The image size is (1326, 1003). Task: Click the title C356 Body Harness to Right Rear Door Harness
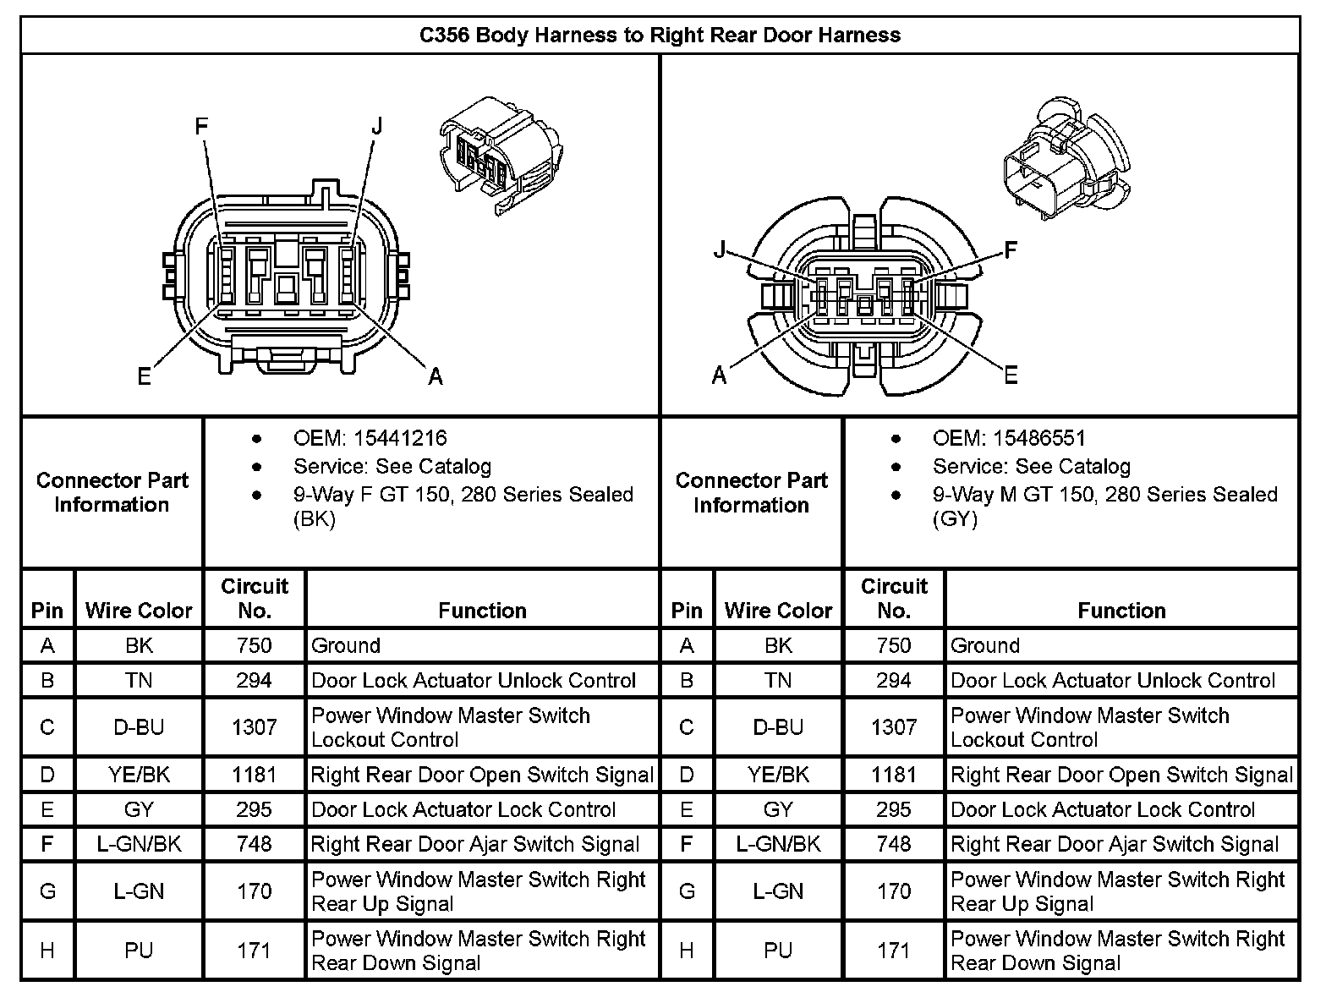pyautogui.click(x=660, y=36)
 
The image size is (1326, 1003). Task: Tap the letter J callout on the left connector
pyautogui.click(x=377, y=127)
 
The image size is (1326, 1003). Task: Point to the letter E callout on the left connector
pyautogui.click(x=145, y=376)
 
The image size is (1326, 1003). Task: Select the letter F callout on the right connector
pyautogui.click(x=1010, y=250)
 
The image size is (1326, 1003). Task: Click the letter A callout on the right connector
pyautogui.click(x=719, y=375)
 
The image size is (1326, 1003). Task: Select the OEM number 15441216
pyautogui.click(x=400, y=438)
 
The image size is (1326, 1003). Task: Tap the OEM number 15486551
pyautogui.click(x=1039, y=438)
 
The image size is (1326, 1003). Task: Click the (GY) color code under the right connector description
pyautogui.click(x=956, y=518)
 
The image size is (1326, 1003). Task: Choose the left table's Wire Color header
pyautogui.click(x=139, y=611)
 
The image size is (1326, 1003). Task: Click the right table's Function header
pyautogui.click(x=1121, y=611)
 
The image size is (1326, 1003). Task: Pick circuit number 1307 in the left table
pyautogui.click(x=255, y=727)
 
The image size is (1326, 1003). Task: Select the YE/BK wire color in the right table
pyautogui.click(x=778, y=775)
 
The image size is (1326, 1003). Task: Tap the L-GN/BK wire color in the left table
pyautogui.click(x=139, y=844)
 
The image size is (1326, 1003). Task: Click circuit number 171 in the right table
pyautogui.click(x=894, y=951)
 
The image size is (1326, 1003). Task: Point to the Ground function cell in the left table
pyautogui.click(x=346, y=646)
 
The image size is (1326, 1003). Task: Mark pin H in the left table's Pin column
pyautogui.click(x=47, y=951)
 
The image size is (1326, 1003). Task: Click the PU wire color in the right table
pyautogui.click(x=778, y=951)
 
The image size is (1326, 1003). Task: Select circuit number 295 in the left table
pyautogui.click(x=255, y=809)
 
